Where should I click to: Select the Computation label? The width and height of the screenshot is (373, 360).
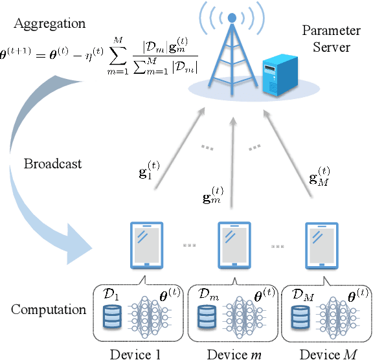[49, 309]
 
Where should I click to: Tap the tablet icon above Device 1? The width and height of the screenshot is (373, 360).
[147, 245]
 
